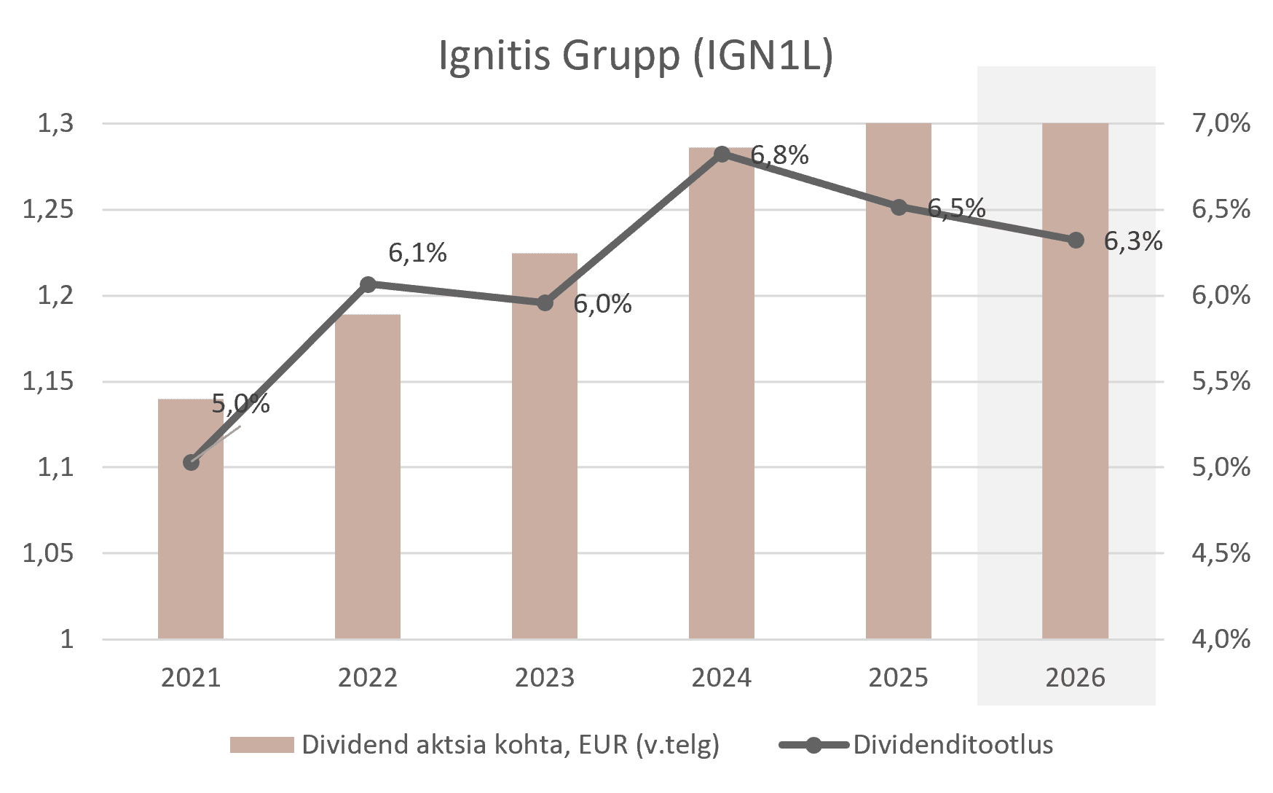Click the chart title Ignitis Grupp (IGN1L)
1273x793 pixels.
point(636,55)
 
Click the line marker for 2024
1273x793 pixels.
point(722,154)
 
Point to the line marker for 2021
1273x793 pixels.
point(191,462)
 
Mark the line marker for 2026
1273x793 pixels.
point(1076,240)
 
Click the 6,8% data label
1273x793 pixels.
point(779,155)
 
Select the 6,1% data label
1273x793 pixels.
point(417,253)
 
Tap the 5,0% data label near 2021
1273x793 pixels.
point(240,403)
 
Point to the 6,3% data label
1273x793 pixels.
point(1132,241)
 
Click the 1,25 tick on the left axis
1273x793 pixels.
point(49,210)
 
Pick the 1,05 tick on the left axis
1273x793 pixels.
point(49,553)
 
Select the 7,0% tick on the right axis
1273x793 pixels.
point(1221,124)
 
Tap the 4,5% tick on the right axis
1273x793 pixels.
point(1221,553)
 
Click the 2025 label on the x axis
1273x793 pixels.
point(898,678)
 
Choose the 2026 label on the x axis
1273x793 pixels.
point(1075,678)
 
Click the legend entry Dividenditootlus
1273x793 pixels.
point(953,745)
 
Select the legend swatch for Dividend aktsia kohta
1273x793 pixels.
point(262,745)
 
